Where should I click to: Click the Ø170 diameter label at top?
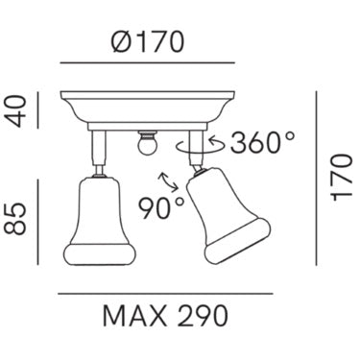tap(148, 41)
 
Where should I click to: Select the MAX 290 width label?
tap(165, 316)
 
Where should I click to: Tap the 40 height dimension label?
tap(15, 111)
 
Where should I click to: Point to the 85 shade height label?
tap(15, 219)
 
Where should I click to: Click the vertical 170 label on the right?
tap(342, 178)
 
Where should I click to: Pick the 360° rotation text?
tap(262, 142)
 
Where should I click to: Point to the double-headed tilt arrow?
tap(168, 182)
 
